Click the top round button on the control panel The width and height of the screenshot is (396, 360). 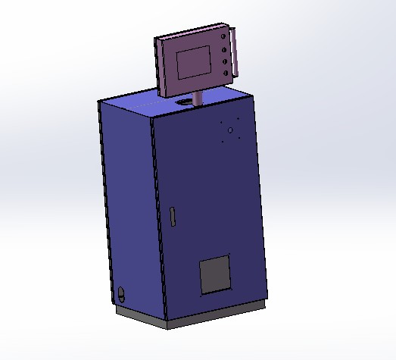click(x=223, y=36)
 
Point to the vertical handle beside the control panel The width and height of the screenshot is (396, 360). click(x=236, y=52)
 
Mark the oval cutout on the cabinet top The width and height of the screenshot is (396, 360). click(x=184, y=100)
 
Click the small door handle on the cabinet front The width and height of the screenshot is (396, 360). click(x=173, y=217)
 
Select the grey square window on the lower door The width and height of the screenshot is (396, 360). click(x=214, y=274)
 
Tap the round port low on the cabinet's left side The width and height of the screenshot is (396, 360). click(x=123, y=292)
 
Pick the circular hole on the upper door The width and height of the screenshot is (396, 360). click(x=229, y=130)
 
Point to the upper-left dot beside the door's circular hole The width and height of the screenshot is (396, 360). click(x=220, y=123)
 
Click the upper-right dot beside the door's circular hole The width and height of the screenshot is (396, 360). click(x=238, y=119)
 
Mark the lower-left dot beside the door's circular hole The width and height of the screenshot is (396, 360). click(x=222, y=141)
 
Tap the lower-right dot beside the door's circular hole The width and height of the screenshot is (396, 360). click(x=239, y=137)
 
